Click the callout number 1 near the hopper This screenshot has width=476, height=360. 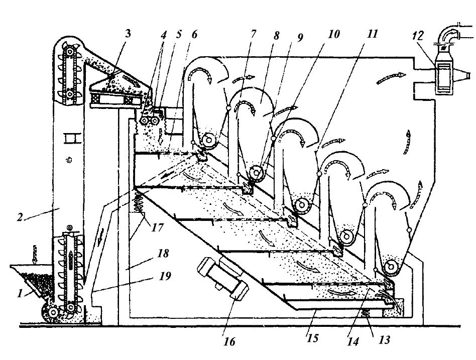[20, 294]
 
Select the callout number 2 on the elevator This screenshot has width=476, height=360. [20, 217]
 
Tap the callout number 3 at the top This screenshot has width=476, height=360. [128, 34]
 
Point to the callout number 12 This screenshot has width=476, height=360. [418, 36]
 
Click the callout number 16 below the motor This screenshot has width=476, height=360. [229, 341]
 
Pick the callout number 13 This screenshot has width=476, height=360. [384, 339]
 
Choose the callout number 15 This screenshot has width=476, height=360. [312, 338]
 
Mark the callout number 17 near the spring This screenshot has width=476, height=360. [157, 227]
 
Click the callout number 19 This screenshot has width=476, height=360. [164, 276]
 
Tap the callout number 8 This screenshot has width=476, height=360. [276, 36]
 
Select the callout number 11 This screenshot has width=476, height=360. [372, 34]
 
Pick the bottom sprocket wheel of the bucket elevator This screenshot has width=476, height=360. [71, 308]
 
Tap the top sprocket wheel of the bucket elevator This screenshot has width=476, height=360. [71, 52]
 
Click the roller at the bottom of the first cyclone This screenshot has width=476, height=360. [208, 141]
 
